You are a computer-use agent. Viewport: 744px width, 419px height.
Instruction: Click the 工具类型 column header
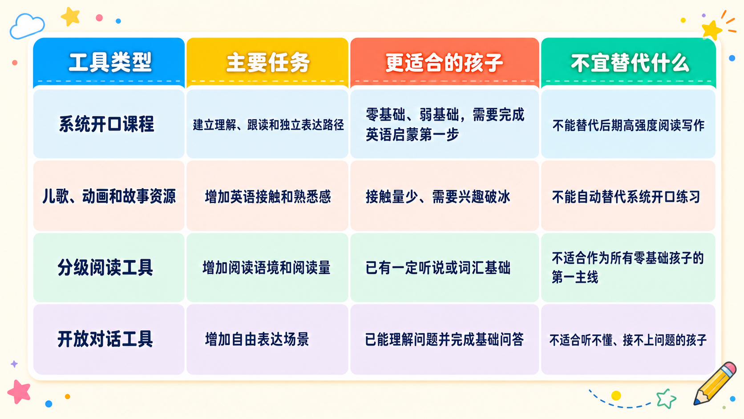click(x=110, y=62)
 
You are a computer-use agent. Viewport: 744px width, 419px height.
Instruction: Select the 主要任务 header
click(x=268, y=62)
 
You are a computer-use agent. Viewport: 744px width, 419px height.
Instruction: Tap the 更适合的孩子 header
click(x=444, y=62)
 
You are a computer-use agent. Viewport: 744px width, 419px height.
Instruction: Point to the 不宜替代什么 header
click(x=629, y=63)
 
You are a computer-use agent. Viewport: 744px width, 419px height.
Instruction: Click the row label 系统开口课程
click(x=107, y=124)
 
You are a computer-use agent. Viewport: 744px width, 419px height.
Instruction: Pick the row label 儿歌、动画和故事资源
click(x=109, y=196)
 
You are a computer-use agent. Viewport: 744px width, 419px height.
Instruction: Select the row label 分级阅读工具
click(x=105, y=268)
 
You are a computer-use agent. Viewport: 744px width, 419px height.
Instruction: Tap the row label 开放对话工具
click(x=105, y=339)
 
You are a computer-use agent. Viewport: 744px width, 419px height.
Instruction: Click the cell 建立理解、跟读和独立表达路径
click(x=268, y=125)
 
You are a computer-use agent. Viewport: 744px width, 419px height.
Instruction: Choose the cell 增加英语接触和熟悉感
click(x=268, y=196)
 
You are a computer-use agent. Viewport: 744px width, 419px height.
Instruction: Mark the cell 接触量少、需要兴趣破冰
click(x=438, y=196)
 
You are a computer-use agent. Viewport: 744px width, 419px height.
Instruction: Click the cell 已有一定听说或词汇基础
click(x=438, y=268)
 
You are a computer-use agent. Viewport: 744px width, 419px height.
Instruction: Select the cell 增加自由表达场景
click(x=257, y=339)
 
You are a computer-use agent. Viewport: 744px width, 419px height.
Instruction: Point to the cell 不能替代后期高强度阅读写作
click(x=628, y=125)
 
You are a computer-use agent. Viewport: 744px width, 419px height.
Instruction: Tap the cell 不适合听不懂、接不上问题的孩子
click(x=628, y=340)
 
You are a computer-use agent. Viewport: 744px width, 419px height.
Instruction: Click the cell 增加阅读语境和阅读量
click(x=267, y=268)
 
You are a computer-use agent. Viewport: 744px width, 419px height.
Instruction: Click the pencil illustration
click(x=715, y=383)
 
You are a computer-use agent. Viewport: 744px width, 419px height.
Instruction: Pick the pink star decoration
click(x=19, y=392)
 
